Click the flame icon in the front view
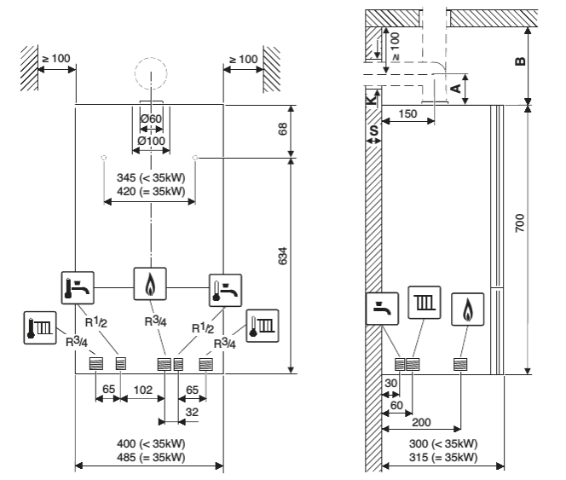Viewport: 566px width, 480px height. point(151,283)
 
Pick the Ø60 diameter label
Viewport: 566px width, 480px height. point(151,118)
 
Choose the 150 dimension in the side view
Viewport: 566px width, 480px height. point(409,114)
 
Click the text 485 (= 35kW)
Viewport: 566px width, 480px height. point(150,456)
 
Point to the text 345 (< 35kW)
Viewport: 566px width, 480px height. point(150,177)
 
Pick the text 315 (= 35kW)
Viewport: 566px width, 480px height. point(444,456)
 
